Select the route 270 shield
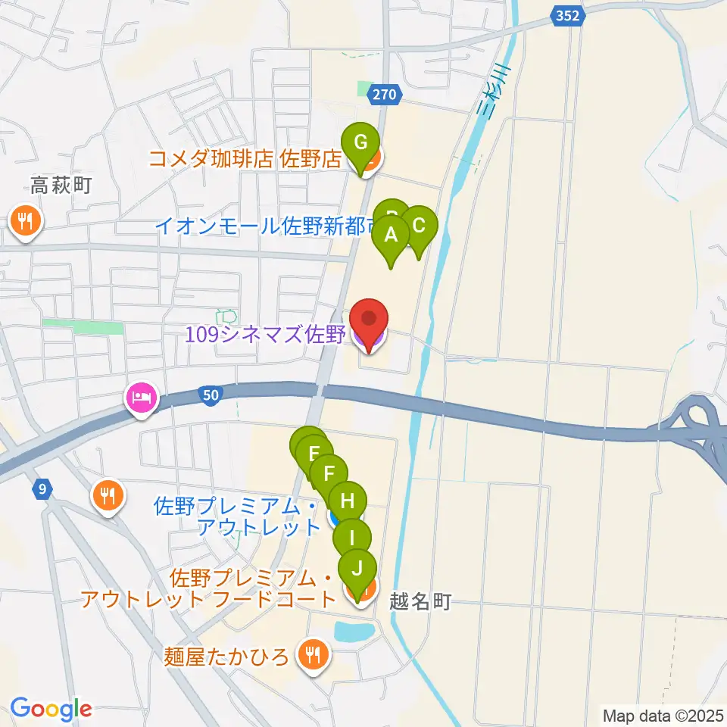pyautogui.click(x=384, y=94)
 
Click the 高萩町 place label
pyautogui.click(x=61, y=184)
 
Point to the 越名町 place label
pyautogui.click(x=420, y=602)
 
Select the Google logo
pyautogui.click(x=51, y=710)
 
